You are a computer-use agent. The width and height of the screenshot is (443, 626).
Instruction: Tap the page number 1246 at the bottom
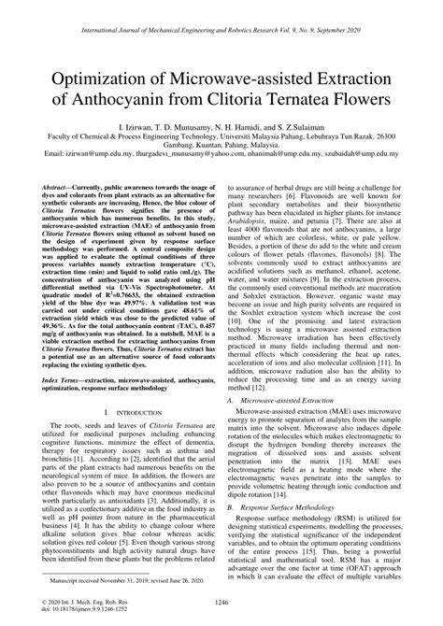(221, 604)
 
